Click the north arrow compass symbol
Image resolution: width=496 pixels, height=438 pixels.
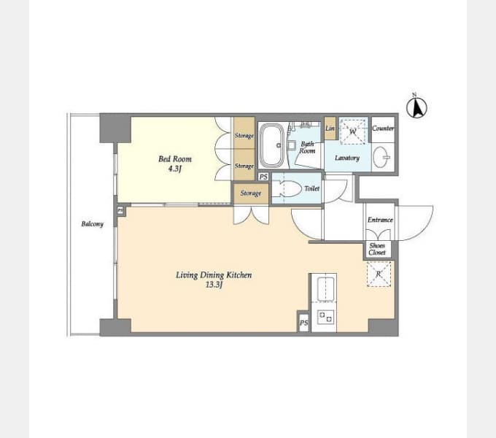point(416,107)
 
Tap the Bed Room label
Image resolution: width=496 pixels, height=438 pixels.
point(175,159)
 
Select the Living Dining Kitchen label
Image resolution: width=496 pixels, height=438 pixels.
point(214,275)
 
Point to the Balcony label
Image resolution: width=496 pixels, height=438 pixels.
point(93,224)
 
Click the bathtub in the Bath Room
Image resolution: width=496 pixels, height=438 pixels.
point(272,145)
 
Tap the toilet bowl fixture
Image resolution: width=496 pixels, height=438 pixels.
point(287,189)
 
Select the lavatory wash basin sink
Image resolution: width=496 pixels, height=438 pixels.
point(381,157)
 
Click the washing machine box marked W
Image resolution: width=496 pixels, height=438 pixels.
point(352,131)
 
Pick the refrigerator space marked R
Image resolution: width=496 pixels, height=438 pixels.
point(379,274)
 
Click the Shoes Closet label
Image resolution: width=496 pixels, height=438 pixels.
point(377,249)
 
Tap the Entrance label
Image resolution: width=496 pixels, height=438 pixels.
point(380,220)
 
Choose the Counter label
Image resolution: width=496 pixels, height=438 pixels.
point(383,128)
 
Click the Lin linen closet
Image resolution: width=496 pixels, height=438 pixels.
point(330,128)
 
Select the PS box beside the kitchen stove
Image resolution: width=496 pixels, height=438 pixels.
point(303,323)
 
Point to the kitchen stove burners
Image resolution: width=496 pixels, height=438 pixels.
point(325,317)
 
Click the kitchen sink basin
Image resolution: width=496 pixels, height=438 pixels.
point(326,287)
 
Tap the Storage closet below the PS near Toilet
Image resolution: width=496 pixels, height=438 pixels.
point(251,193)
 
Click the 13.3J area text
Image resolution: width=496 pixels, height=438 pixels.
point(214,285)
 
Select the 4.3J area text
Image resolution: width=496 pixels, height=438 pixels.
point(175,169)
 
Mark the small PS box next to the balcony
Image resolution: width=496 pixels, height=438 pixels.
point(120,210)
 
